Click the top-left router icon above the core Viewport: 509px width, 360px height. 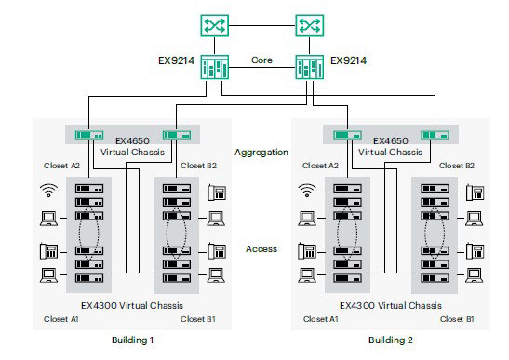click(x=215, y=24)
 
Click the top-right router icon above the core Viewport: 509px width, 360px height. click(x=309, y=24)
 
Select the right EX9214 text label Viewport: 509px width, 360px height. click(x=348, y=60)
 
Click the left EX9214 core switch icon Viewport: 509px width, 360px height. click(x=216, y=70)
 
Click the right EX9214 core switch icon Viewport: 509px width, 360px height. click(x=308, y=70)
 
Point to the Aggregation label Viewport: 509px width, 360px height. click(x=261, y=151)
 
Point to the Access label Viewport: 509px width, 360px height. click(x=261, y=248)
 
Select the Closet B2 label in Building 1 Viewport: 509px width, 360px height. click(x=198, y=166)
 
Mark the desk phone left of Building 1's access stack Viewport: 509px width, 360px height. click(x=47, y=249)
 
